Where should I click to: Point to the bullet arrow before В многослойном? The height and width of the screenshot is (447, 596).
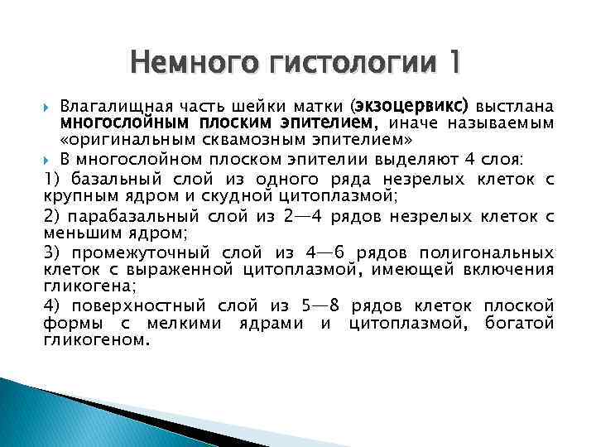tap(46, 160)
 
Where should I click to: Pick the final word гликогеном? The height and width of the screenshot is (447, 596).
tap(95, 339)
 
